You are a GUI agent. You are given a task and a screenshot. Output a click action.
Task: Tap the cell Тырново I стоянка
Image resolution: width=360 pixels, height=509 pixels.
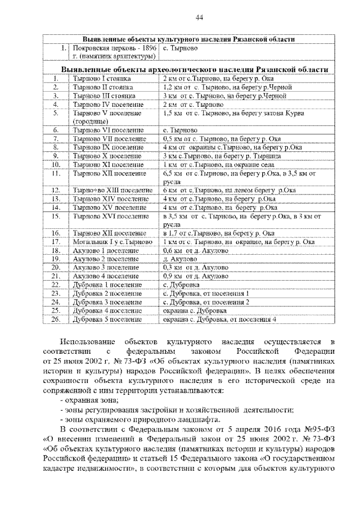pos(93,79)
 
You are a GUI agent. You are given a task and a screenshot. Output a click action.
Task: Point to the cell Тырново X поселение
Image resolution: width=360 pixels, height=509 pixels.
pos(99,155)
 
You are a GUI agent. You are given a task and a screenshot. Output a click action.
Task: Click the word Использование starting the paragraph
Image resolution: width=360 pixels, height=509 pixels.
pos(83,342)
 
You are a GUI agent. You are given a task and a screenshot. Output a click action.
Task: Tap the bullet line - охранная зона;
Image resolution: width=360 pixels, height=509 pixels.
pos(89,399)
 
